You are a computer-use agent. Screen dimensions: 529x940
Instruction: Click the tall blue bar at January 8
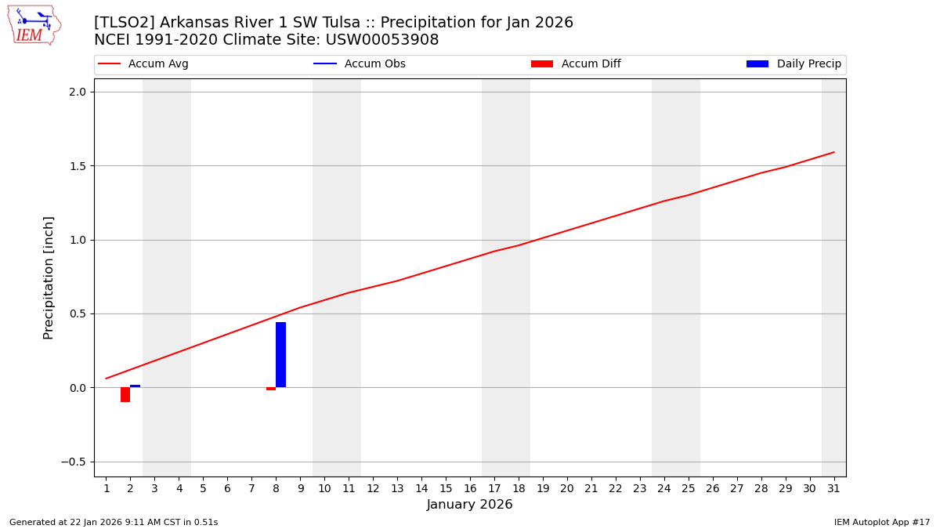click(280, 354)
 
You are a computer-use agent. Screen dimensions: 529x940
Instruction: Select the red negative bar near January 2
click(125, 394)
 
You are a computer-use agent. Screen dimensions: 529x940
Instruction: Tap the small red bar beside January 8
click(271, 389)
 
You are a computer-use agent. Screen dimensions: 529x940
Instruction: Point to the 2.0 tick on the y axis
click(77, 92)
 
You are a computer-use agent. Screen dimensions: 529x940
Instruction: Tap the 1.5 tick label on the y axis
click(77, 166)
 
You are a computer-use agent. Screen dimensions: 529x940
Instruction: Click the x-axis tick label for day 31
click(833, 489)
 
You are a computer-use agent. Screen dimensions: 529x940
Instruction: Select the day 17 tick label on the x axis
click(494, 489)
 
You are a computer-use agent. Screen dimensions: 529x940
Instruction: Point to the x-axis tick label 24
click(664, 489)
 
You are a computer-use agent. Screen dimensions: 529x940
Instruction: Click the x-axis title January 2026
click(469, 505)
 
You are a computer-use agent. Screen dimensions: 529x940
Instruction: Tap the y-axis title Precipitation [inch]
click(49, 277)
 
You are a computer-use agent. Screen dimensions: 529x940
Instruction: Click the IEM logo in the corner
click(34, 25)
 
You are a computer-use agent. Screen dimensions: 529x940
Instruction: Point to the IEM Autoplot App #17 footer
click(881, 522)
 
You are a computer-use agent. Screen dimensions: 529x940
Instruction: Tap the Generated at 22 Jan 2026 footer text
click(114, 522)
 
